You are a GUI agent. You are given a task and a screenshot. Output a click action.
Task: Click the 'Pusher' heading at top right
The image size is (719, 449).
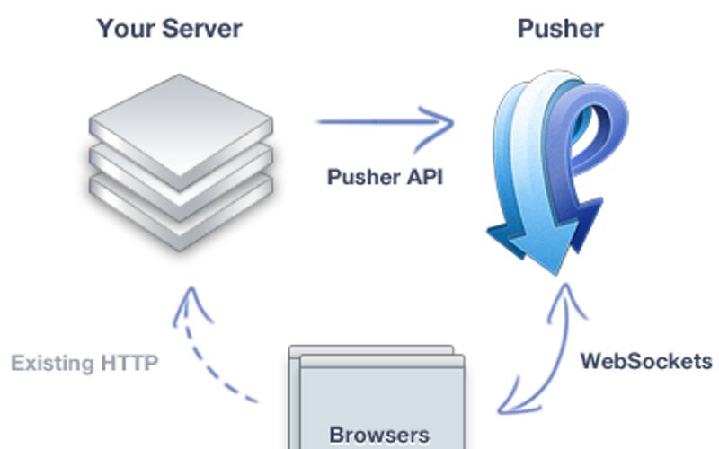[x=560, y=29]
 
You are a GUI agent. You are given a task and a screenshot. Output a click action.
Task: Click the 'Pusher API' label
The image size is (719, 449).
[x=384, y=176]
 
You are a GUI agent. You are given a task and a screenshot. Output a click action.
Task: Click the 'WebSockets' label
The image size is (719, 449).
[x=645, y=362]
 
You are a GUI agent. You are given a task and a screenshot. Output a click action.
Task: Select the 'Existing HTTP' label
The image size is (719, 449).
[x=85, y=364]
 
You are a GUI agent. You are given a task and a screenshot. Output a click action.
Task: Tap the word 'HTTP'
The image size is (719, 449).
[x=129, y=364]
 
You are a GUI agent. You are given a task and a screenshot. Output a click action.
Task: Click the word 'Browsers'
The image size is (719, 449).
[x=379, y=435]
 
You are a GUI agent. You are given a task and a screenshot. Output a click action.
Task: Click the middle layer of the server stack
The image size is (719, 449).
[x=181, y=180]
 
